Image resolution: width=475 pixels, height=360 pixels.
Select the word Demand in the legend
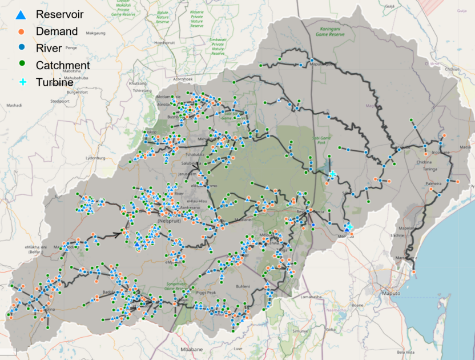[57, 31]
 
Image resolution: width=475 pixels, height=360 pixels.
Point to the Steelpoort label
[59, 101]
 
